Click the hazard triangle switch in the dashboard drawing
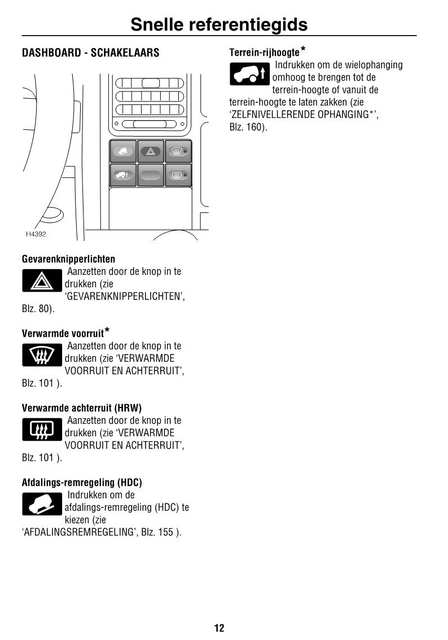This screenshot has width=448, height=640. (x=151, y=151)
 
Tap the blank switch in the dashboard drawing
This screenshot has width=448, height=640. (x=151, y=175)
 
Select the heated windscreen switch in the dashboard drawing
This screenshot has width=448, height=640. (x=178, y=151)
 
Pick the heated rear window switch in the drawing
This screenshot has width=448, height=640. (x=178, y=175)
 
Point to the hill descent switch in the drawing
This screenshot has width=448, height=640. (x=123, y=151)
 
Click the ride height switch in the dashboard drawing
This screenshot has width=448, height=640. (x=123, y=175)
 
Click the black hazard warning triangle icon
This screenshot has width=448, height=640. (x=42, y=280)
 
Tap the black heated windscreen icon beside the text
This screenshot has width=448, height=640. (x=42, y=355)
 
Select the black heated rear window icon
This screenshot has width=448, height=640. (x=42, y=429)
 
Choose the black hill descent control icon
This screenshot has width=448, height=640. (x=42, y=504)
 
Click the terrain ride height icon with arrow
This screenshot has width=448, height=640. (x=250, y=74)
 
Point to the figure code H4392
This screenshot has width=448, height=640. (x=36, y=234)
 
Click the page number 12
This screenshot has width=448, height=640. (x=219, y=628)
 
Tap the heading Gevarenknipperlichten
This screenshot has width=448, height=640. (x=68, y=259)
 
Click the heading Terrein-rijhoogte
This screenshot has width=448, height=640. (x=264, y=52)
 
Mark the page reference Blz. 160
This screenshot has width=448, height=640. (x=247, y=127)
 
